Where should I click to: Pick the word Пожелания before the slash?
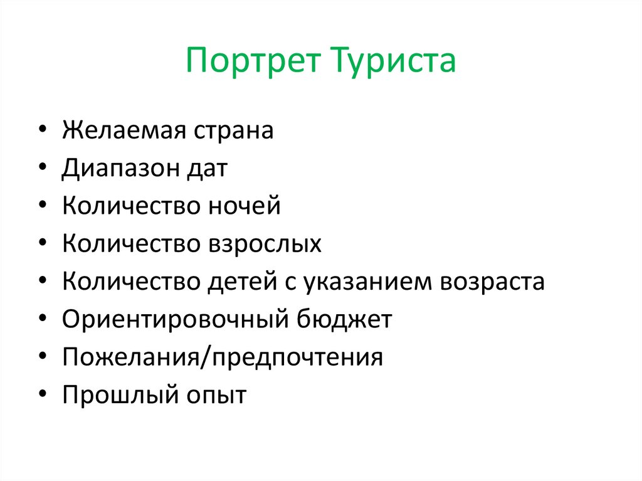tap(133, 357)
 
